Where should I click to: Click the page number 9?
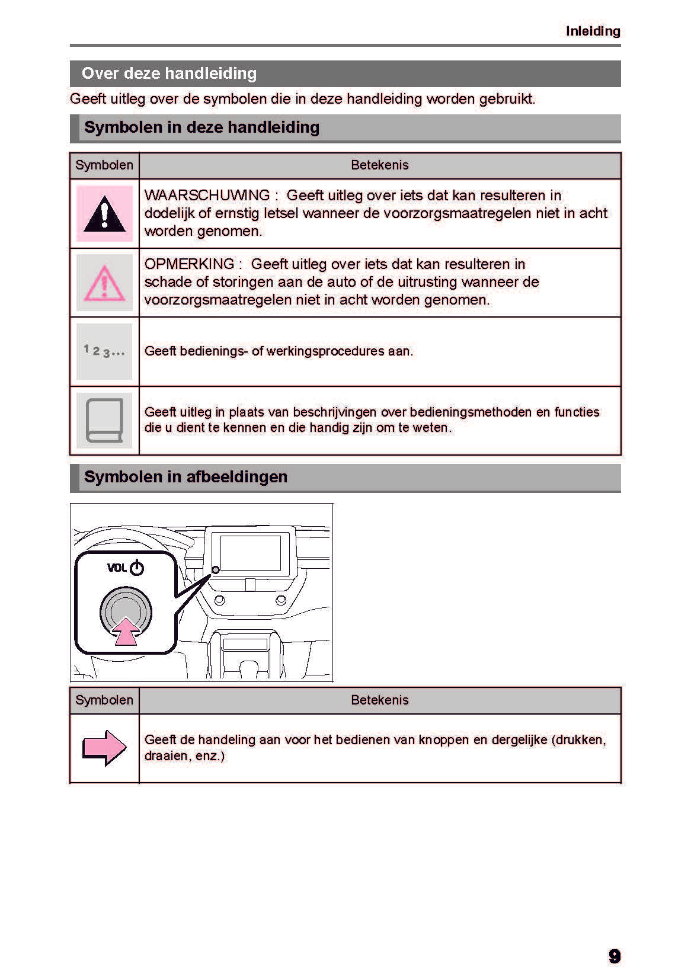click(615, 956)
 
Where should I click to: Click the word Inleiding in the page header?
click(593, 31)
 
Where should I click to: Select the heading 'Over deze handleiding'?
click(169, 73)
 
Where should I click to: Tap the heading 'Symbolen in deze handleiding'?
click(201, 127)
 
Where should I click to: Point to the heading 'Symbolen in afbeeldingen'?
click(185, 477)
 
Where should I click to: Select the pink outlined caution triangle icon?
click(104, 283)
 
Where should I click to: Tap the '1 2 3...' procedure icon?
click(104, 351)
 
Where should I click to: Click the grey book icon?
click(104, 420)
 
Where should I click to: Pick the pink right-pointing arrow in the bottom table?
click(104, 748)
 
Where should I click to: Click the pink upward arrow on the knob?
click(126, 632)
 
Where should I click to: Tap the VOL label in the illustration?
click(117, 568)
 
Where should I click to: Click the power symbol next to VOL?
click(137, 568)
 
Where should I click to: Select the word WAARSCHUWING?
click(207, 196)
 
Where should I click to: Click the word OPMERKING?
click(189, 264)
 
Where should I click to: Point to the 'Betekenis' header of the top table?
click(380, 165)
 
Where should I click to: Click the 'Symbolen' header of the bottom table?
click(104, 700)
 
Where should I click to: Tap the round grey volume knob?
click(126, 610)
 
